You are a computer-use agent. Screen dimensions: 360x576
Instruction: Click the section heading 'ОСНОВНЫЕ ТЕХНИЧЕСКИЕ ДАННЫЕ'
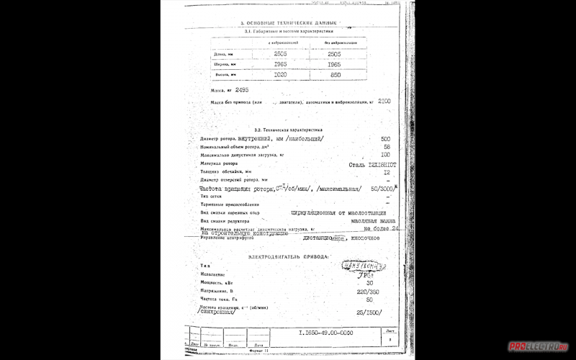(x=287, y=24)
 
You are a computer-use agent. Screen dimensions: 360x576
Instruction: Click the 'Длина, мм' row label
(x=222, y=54)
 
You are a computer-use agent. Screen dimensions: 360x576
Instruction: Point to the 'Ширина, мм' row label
(x=222, y=64)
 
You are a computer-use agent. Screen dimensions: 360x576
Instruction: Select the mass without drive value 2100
(x=384, y=102)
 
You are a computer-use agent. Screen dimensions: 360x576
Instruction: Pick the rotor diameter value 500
(x=385, y=138)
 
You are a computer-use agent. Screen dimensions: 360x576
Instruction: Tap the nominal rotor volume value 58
(x=387, y=146)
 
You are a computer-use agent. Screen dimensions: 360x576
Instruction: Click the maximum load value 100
(x=385, y=155)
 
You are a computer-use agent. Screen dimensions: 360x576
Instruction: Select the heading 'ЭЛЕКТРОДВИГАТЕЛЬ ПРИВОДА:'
(x=288, y=256)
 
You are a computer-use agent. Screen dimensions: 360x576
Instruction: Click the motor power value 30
(x=369, y=283)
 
